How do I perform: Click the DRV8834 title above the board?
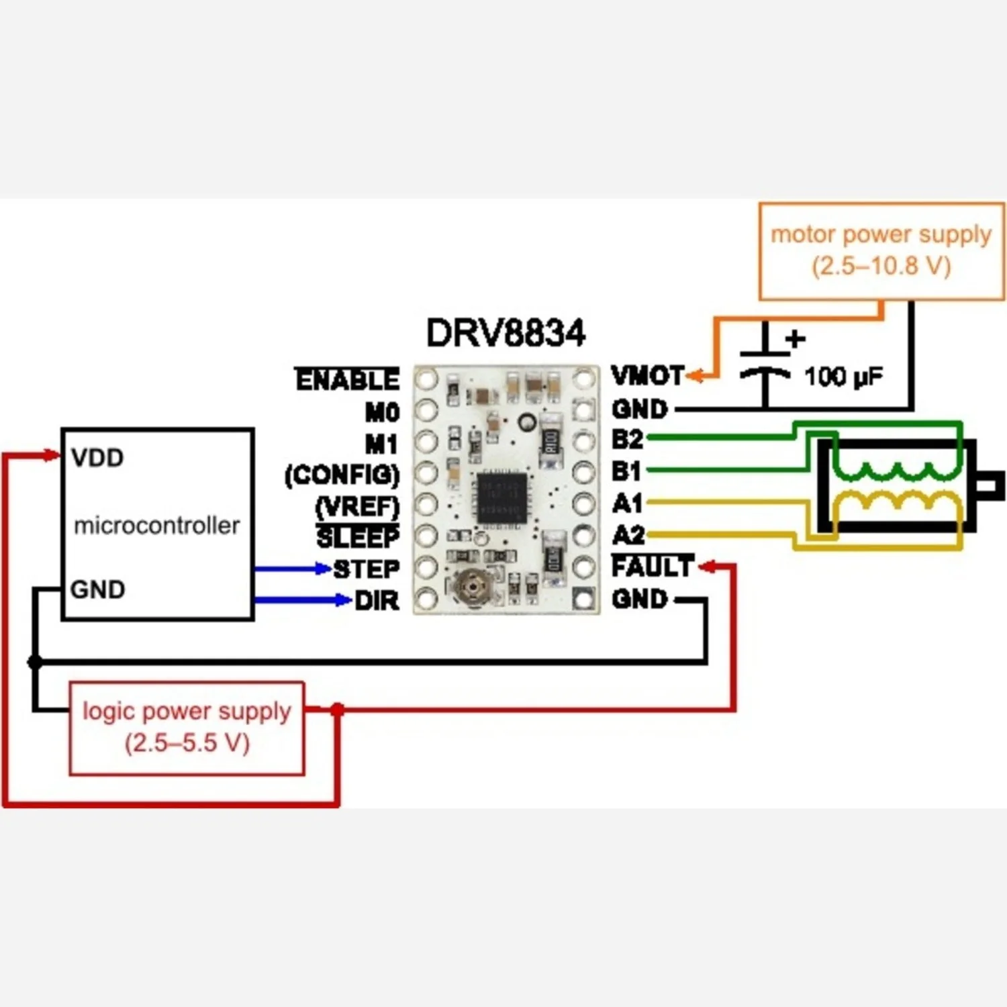[x=506, y=333]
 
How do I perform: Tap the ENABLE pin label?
[x=348, y=380]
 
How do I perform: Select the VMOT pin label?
[x=647, y=376]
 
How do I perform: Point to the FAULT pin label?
[x=652, y=567]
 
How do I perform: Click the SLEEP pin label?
[x=358, y=537]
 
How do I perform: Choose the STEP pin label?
[x=367, y=569]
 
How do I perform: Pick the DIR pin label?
[x=377, y=601]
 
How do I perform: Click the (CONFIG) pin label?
[x=342, y=475]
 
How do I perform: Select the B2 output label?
[x=627, y=439]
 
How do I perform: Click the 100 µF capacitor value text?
[x=843, y=377]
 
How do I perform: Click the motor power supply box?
[x=881, y=251]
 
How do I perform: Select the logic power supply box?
[x=187, y=728]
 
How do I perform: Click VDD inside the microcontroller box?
[x=98, y=458]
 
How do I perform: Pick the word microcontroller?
[x=156, y=526]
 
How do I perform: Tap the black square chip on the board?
[x=501, y=497]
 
